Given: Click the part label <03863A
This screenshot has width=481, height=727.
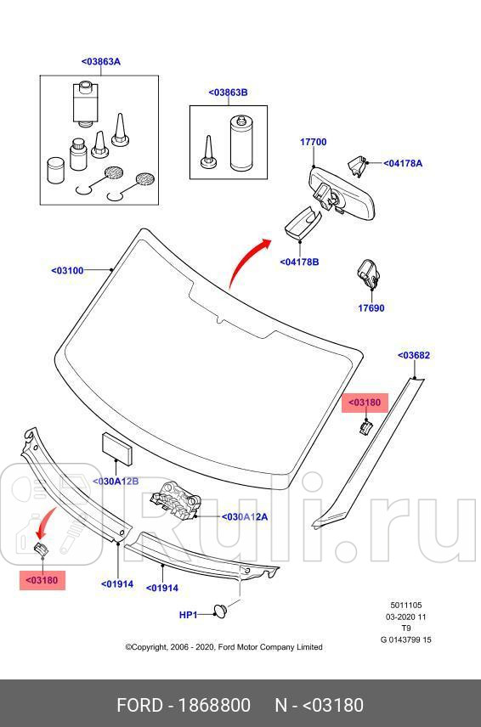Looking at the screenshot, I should (x=100, y=61).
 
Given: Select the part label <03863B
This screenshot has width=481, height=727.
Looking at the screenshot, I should (x=228, y=93).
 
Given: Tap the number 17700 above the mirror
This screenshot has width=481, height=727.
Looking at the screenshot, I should (x=313, y=142).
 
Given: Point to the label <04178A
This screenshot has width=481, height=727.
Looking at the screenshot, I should (x=402, y=163).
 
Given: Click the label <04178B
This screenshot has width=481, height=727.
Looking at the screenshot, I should (x=299, y=262).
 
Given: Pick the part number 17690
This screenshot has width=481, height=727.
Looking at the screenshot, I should (x=371, y=308).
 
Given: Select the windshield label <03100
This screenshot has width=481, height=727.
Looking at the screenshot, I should (x=68, y=270).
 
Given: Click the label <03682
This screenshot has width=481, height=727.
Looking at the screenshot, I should (x=414, y=355).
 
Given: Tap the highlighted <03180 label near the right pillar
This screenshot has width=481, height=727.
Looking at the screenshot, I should (x=365, y=402).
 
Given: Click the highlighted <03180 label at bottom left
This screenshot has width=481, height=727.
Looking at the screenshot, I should (x=42, y=580).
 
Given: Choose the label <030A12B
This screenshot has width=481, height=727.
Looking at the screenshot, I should (x=116, y=482).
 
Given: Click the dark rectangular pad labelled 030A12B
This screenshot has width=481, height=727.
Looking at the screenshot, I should (x=115, y=446).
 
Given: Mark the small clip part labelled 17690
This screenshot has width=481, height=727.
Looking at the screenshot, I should (x=368, y=273).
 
